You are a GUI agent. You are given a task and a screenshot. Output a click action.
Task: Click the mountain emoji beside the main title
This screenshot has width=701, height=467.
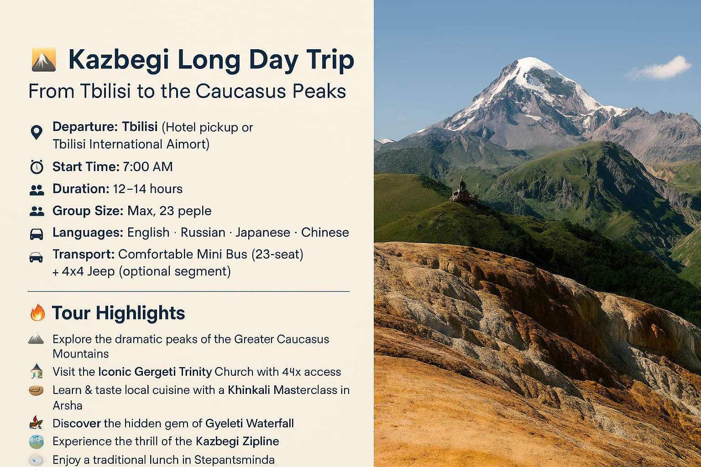pyautogui.click(x=44, y=59)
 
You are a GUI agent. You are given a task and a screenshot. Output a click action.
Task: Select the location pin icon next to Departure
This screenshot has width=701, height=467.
pyautogui.click(x=37, y=132)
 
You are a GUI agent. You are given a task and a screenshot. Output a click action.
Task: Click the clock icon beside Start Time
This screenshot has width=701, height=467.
pyautogui.click(x=37, y=167)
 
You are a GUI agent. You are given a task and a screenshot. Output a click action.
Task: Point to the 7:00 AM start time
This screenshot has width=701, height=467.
pyautogui.click(x=148, y=167)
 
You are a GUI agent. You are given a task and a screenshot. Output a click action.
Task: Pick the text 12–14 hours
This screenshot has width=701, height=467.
pyautogui.click(x=148, y=189)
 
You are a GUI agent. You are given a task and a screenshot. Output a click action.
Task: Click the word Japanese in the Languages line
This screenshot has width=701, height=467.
pyautogui.click(x=263, y=233)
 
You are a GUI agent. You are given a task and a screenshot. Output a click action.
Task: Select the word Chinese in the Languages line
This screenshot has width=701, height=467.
pyautogui.click(x=325, y=233)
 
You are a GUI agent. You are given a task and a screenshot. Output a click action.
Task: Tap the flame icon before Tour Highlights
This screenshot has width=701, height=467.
pyautogui.click(x=37, y=312)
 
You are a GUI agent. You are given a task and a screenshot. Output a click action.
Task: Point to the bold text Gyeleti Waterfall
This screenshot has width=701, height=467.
pyautogui.click(x=250, y=423)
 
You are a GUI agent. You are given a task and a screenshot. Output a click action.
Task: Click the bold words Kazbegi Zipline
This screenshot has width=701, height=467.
pyautogui.click(x=237, y=441)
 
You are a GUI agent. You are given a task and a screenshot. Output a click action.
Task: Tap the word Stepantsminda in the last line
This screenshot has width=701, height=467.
pyautogui.click(x=235, y=460)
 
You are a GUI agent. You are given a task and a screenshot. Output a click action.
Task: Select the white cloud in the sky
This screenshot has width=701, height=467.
pyautogui.click(x=660, y=68)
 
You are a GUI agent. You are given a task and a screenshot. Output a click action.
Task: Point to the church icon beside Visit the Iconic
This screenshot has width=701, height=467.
pyautogui.click(x=37, y=371)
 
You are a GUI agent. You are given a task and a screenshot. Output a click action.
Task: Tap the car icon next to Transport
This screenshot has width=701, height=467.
pyautogui.click(x=36, y=257)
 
